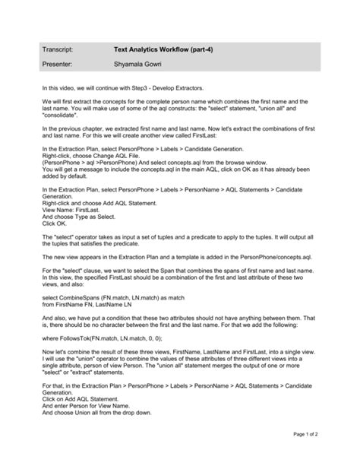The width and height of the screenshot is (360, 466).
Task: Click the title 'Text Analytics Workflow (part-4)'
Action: click(x=158, y=49)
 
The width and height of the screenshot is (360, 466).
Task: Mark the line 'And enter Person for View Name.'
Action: click(x=84, y=406)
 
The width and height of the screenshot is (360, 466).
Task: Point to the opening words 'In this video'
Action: click(x=60, y=88)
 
